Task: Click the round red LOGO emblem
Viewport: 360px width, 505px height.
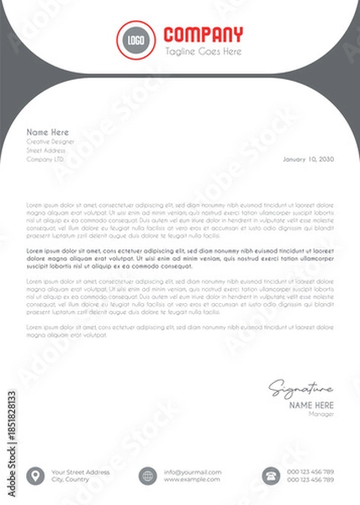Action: (x=135, y=40)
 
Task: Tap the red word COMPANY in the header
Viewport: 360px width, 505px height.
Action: (x=203, y=35)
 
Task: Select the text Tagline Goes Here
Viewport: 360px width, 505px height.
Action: (x=203, y=51)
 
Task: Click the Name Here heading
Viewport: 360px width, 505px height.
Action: (x=47, y=132)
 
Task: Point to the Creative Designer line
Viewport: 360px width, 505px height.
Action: (x=50, y=141)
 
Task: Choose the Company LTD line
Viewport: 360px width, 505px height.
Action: (x=45, y=158)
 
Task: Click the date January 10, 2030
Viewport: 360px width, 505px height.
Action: (x=308, y=158)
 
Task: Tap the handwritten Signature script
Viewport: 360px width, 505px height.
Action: (x=300, y=388)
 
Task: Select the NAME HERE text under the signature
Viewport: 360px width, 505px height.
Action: (x=311, y=405)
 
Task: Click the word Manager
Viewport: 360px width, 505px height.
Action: (x=321, y=413)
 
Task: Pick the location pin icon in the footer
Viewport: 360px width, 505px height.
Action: (x=34, y=476)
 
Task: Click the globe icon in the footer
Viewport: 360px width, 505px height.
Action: (x=148, y=476)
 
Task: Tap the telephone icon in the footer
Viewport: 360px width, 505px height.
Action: (x=271, y=476)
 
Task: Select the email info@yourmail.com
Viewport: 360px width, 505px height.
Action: (x=193, y=471)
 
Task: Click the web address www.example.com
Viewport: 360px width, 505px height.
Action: (x=192, y=480)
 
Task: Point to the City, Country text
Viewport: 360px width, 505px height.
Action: (x=71, y=480)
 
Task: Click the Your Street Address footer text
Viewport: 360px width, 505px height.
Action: (x=81, y=471)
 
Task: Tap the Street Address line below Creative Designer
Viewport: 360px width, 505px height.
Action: (x=46, y=150)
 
